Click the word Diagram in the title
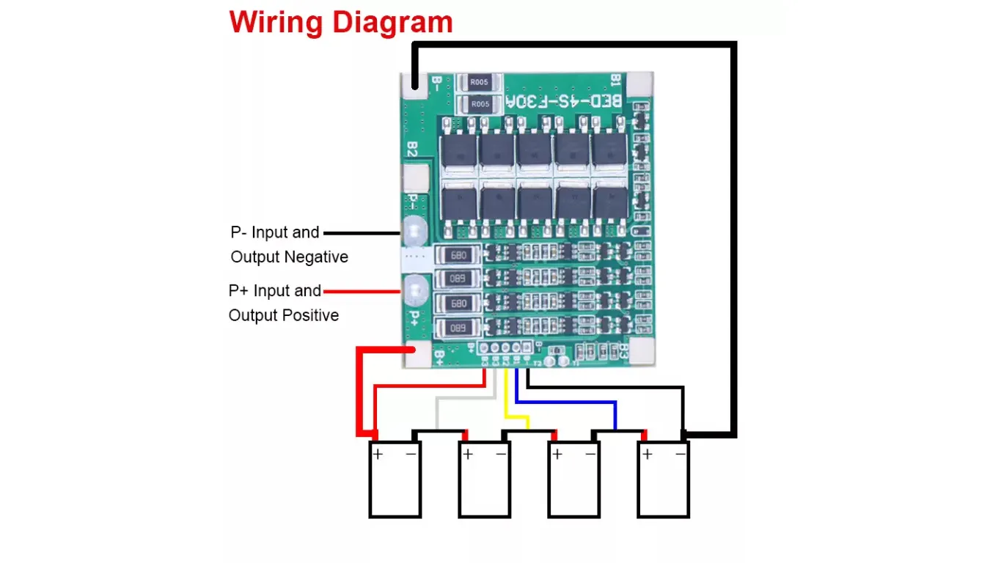(392, 23)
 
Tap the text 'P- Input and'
(275, 232)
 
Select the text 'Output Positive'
(284, 315)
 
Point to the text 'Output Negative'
(289, 257)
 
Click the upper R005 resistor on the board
(480, 83)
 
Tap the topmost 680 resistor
(459, 256)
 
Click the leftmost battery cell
(395, 479)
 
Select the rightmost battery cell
(664, 479)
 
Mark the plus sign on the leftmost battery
(378, 455)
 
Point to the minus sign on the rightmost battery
(681, 455)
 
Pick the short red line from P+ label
(362, 292)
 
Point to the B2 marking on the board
(412, 150)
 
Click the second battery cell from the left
(484, 479)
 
